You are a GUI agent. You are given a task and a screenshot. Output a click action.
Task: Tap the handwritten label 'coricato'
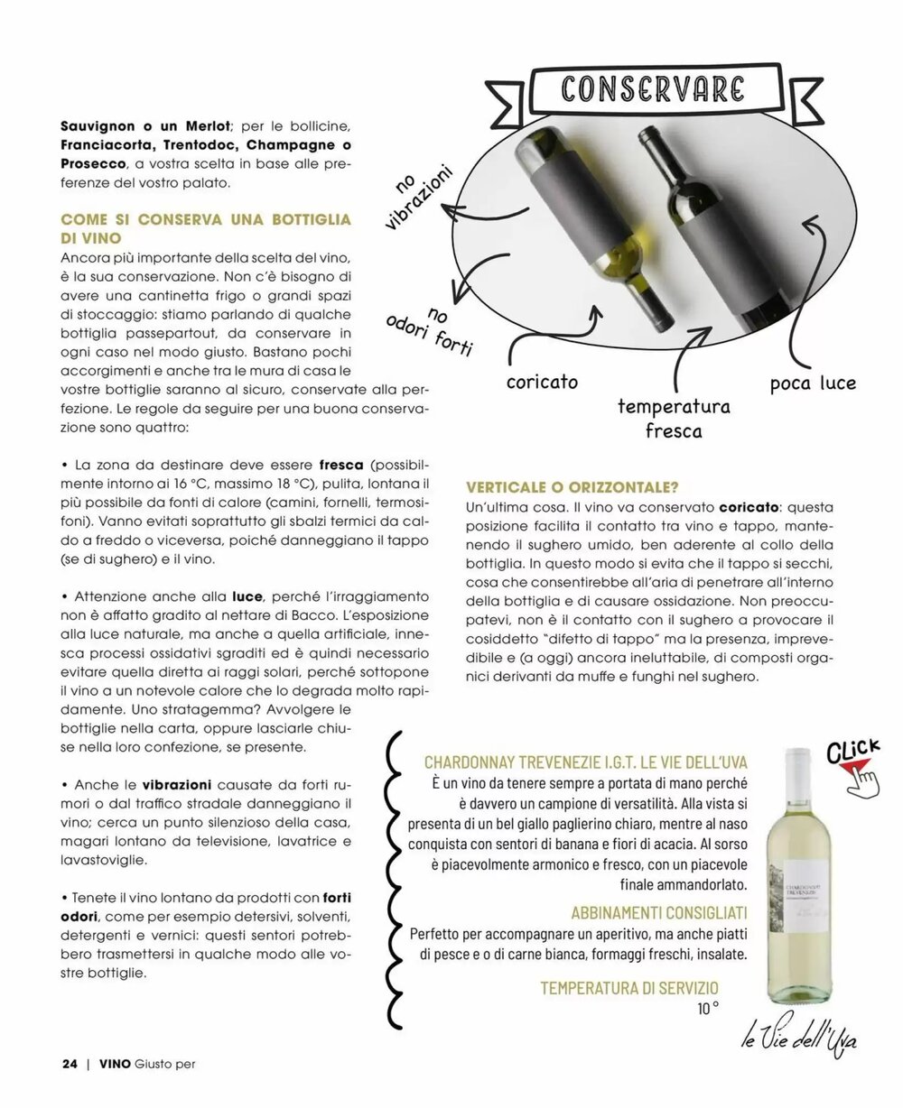click(x=542, y=382)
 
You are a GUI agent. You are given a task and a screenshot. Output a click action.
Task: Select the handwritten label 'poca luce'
click(x=813, y=383)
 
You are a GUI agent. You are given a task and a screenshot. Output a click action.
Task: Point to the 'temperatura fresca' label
click(x=674, y=418)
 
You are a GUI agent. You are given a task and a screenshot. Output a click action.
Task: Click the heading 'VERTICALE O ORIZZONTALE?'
click(x=571, y=487)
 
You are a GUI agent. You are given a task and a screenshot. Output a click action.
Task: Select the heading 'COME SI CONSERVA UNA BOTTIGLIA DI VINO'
click(x=205, y=228)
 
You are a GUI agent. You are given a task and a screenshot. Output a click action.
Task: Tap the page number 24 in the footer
click(x=70, y=1063)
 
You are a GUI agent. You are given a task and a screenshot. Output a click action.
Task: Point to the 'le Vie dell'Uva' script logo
click(x=798, y=1039)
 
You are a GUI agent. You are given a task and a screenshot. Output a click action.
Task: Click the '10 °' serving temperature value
click(x=707, y=1009)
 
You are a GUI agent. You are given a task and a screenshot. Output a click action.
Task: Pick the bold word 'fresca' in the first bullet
click(x=341, y=465)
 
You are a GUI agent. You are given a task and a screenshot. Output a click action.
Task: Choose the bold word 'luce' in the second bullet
click(x=247, y=597)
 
